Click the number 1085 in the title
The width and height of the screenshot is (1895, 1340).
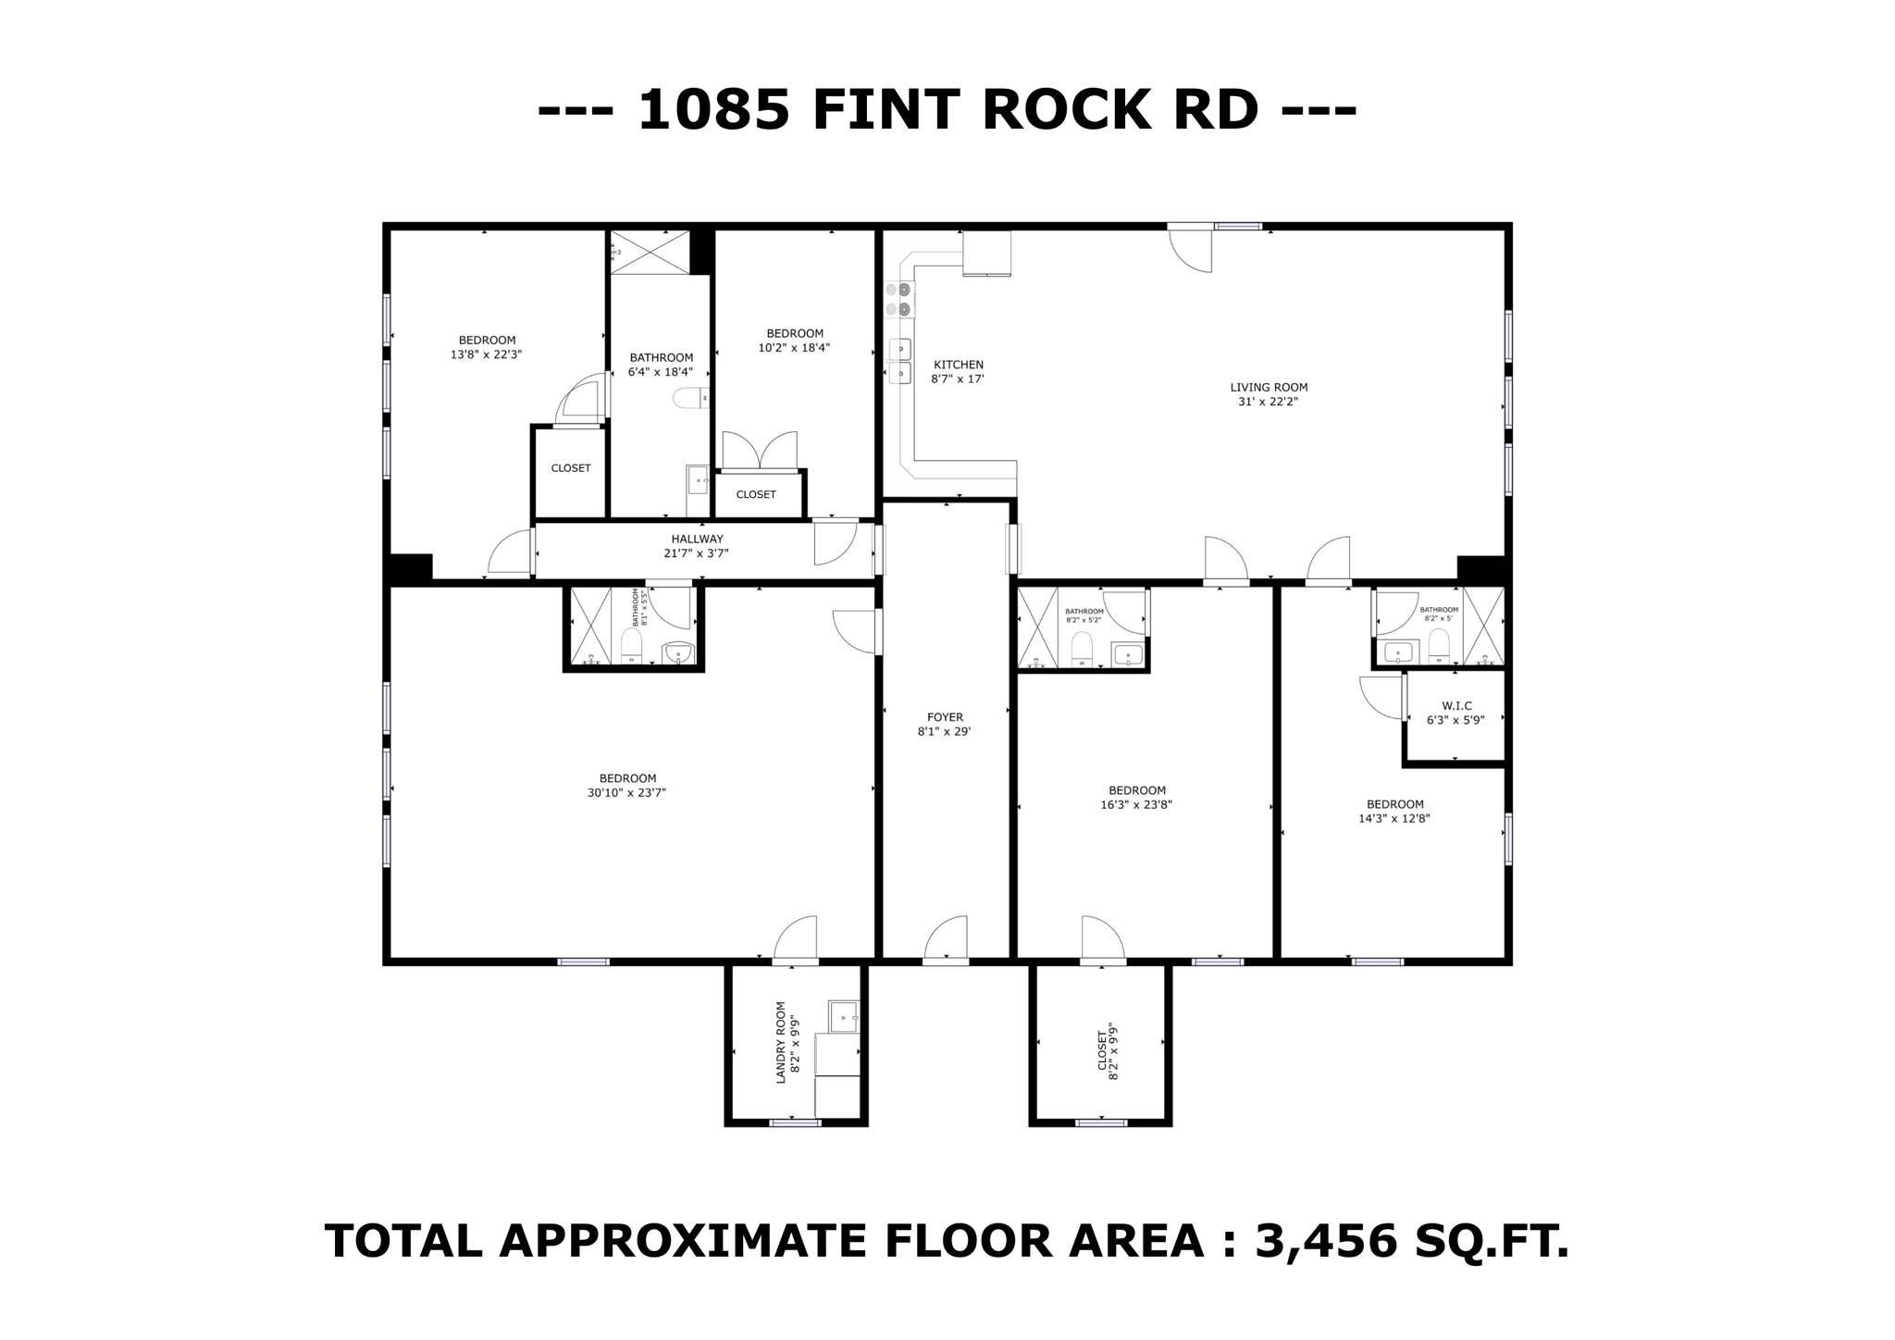(713, 110)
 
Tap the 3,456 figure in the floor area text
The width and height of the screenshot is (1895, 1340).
(1325, 1241)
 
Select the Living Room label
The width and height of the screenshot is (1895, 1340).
(1269, 388)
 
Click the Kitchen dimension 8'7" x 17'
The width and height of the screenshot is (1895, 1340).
(957, 378)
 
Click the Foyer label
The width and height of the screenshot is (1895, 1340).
(945, 717)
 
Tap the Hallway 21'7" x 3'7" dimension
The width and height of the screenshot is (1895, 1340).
(696, 553)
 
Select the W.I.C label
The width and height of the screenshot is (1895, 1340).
(1455, 706)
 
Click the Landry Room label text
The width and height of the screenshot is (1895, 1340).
(780, 1041)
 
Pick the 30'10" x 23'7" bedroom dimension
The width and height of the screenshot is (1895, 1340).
(626, 793)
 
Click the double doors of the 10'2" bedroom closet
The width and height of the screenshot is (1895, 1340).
(759, 452)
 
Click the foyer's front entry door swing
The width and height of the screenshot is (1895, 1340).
(947, 937)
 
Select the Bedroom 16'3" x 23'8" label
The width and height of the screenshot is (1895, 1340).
(1136, 790)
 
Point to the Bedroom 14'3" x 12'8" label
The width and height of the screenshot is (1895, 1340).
(1394, 804)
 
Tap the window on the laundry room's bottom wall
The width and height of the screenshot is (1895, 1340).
(795, 1123)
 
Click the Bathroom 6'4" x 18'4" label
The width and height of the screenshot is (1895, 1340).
(661, 358)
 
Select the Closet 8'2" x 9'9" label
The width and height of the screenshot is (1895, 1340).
(1102, 1052)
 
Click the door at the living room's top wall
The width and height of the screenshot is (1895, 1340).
(1190, 248)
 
